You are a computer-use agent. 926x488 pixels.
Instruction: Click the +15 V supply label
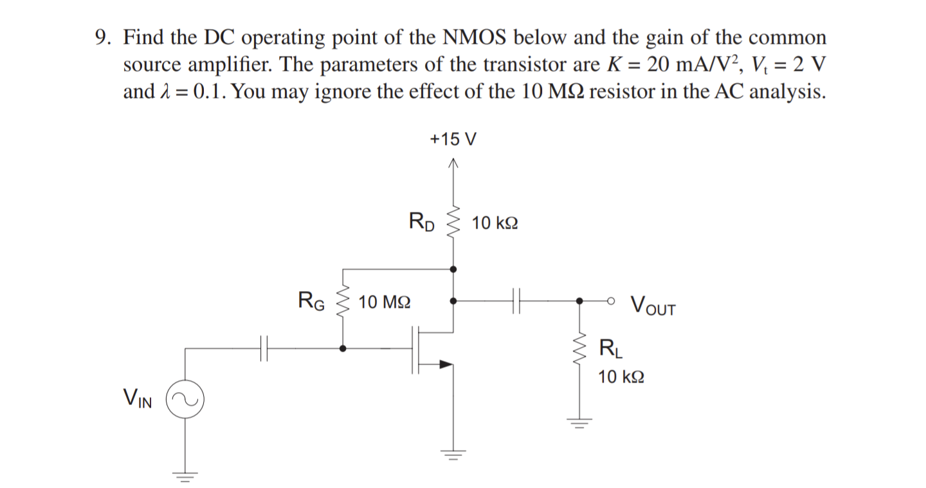pyautogui.click(x=453, y=139)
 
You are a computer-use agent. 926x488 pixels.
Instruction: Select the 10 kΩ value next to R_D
pyautogui.click(x=495, y=223)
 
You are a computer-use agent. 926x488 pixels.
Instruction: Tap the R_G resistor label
pyautogui.click(x=311, y=300)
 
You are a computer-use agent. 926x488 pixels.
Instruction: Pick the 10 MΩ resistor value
pyautogui.click(x=385, y=301)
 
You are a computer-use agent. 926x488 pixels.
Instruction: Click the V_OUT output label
pyautogui.click(x=653, y=304)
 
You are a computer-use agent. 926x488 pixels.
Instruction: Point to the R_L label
pyautogui.click(x=609, y=349)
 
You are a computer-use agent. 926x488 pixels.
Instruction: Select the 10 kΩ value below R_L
pyautogui.click(x=621, y=377)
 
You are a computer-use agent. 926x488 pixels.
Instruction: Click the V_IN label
pyautogui.click(x=138, y=400)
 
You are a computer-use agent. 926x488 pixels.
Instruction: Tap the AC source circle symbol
pyautogui.click(x=185, y=399)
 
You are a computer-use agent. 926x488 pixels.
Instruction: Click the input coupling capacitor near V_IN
pyautogui.click(x=263, y=348)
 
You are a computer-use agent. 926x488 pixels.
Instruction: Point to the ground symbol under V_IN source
pyautogui.click(x=185, y=477)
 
